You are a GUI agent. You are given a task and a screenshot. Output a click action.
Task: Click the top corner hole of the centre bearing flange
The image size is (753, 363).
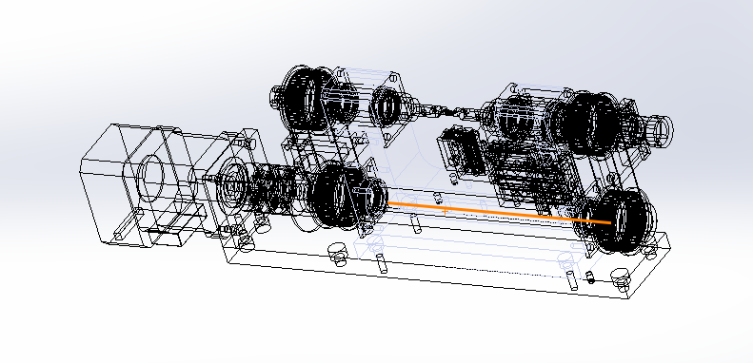coord(392,73)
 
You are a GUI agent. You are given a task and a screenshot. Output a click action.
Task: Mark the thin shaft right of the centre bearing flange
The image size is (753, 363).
coord(447,111)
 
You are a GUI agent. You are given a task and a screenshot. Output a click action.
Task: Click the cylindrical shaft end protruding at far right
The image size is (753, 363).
coord(659,127)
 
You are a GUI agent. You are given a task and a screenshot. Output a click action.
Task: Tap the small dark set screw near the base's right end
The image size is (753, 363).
coord(592,279)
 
